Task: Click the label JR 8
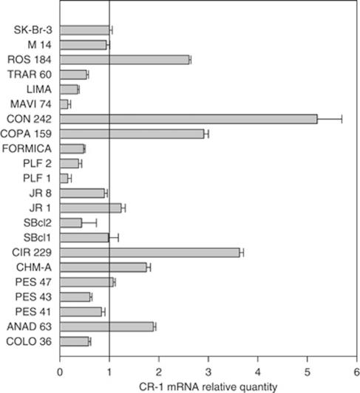tap(41, 193)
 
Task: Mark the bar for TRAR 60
tap(73, 75)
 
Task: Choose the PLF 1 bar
tap(64, 178)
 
